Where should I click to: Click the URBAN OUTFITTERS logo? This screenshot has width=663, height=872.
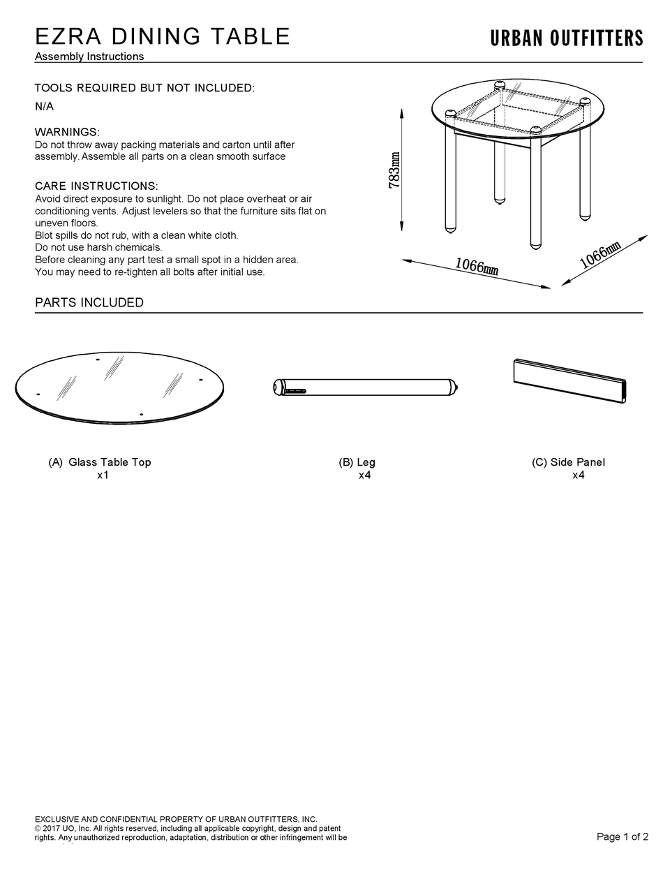coord(566,38)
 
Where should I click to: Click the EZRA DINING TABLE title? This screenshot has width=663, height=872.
coord(162,36)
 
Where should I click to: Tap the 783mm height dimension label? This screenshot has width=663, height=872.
coord(394,170)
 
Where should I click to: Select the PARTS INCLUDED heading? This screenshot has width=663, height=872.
coord(89,302)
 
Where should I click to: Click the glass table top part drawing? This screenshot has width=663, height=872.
coord(119,387)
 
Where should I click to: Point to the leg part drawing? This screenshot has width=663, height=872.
coord(365,387)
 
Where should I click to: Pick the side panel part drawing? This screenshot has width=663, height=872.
coord(570,381)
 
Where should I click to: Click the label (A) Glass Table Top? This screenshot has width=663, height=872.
coord(100,462)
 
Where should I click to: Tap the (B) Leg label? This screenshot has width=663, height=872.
coord(357,462)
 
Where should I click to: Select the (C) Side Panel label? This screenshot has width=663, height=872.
coord(568,462)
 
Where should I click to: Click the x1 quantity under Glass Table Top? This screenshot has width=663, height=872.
coord(103,475)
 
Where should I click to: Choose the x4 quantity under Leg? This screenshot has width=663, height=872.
coord(364,475)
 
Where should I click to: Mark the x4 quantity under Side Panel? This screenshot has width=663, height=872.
coord(578,475)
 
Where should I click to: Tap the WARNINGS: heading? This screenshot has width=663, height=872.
coord(67,132)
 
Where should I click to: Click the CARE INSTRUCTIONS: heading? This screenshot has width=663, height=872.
coord(96,186)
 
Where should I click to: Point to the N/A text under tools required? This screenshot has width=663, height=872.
coord(44,107)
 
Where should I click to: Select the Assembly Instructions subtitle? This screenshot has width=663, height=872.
coord(89,57)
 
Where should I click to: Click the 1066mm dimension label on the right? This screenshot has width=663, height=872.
coord(599,256)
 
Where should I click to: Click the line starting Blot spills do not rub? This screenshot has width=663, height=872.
coord(137,235)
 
